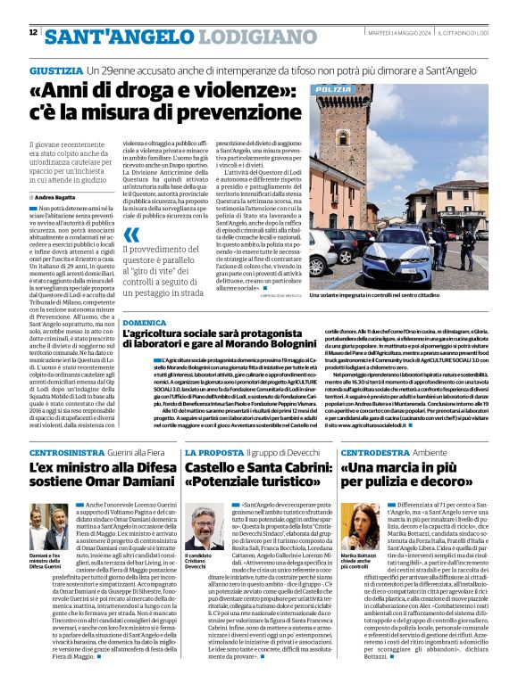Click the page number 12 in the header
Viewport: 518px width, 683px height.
tap(33, 32)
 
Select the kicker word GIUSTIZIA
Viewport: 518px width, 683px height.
tap(55, 70)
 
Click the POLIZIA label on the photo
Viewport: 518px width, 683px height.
tap(334, 90)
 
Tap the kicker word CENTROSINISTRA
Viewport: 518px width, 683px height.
tap(66, 454)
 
